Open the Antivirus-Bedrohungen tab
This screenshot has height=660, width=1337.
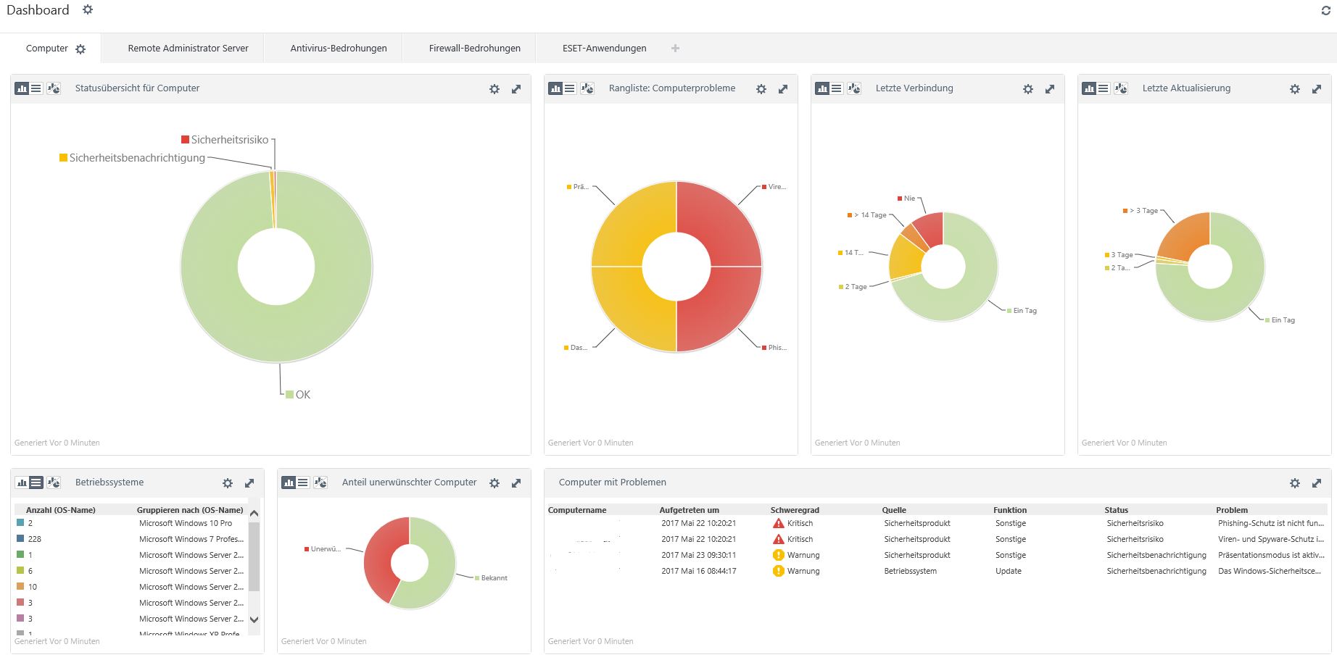[338, 49]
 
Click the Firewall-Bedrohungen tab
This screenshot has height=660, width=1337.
[474, 49]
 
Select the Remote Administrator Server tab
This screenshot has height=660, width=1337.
[188, 49]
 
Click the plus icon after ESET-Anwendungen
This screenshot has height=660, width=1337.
[675, 49]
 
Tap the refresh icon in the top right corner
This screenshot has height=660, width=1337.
[1325, 11]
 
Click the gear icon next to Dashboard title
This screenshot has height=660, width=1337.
[88, 10]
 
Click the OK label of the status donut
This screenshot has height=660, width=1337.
[302, 395]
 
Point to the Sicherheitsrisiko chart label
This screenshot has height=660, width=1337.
[229, 140]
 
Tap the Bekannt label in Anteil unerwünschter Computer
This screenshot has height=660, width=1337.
[494, 578]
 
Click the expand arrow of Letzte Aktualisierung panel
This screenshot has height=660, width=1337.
[1316, 89]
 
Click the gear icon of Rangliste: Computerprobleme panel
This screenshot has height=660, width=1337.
[761, 89]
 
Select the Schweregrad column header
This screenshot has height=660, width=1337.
[795, 510]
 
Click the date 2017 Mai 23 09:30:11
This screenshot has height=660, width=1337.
[698, 555]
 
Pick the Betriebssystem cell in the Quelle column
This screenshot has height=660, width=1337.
[910, 571]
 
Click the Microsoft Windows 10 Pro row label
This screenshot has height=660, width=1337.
[186, 523]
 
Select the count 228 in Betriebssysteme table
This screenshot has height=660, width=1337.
[34, 539]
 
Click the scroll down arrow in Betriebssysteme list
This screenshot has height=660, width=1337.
[254, 619]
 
